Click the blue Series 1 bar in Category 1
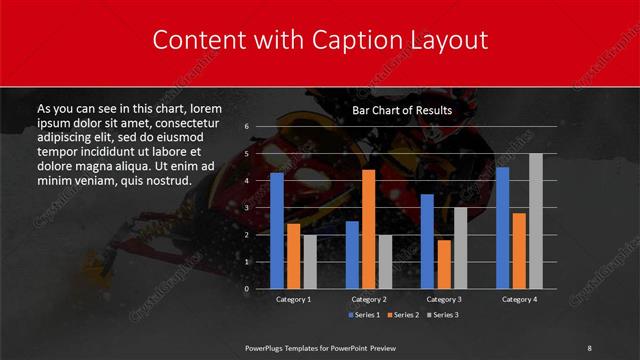point(277,230)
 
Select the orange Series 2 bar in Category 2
point(369,229)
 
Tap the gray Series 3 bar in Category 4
point(536,220)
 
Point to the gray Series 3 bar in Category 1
point(310,261)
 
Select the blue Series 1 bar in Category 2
point(352,254)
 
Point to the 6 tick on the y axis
point(246,127)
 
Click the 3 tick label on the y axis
point(246,207)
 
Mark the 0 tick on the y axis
point(246,288)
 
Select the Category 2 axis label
point(369,299)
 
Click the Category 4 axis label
point(519,299)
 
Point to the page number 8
point(589,347)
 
